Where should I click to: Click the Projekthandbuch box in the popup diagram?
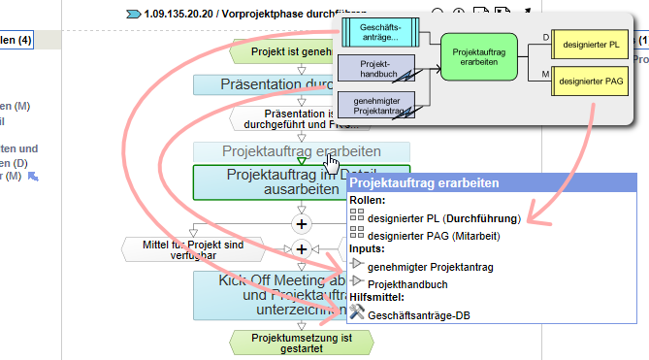tap(376, 68)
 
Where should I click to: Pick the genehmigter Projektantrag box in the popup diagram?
tap(376, 103)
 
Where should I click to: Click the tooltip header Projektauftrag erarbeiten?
tap(424, 182)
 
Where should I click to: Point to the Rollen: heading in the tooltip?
tap(370, 200)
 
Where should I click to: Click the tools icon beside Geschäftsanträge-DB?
tap(356, 313)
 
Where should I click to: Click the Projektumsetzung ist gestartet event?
tap(301, 344)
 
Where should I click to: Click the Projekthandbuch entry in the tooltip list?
tap(407, 283)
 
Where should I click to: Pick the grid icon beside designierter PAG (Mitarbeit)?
tap(356, 234)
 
